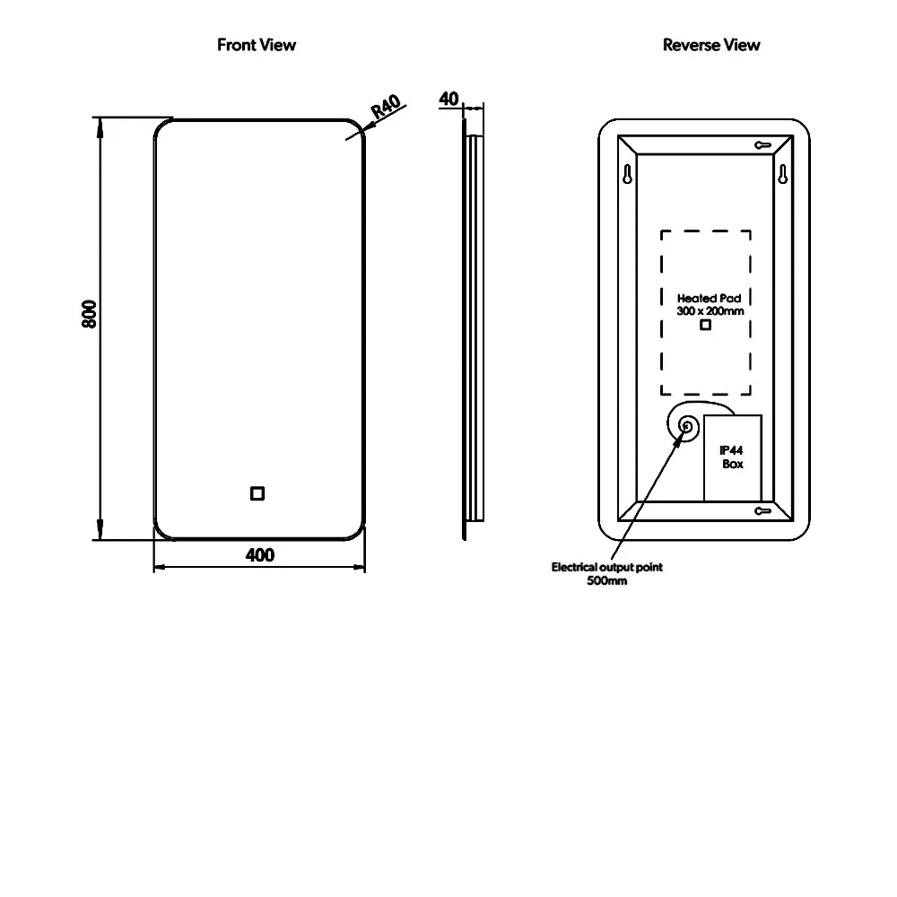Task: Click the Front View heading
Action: coord(257,45)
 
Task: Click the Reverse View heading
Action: coord(711,45)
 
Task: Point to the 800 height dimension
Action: coord(89,313)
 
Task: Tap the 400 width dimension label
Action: coord(260,555)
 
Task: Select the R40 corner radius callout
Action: coord(385,108)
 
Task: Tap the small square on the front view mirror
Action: coord(257,492)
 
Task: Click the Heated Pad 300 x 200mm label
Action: coord(710,304)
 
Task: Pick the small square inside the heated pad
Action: coord(705,325)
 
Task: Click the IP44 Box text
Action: coord(732,457)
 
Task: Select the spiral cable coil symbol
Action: coord(687,427)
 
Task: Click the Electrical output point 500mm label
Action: coord(607,573)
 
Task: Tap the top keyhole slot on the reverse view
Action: coord(763,144)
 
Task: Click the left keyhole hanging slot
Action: coord(628,172)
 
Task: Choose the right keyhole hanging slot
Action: coord(782,173)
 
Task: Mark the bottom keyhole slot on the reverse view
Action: coord(763,511)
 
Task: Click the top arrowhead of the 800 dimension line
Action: coord(100,126)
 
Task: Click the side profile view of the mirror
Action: coord(474,327)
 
